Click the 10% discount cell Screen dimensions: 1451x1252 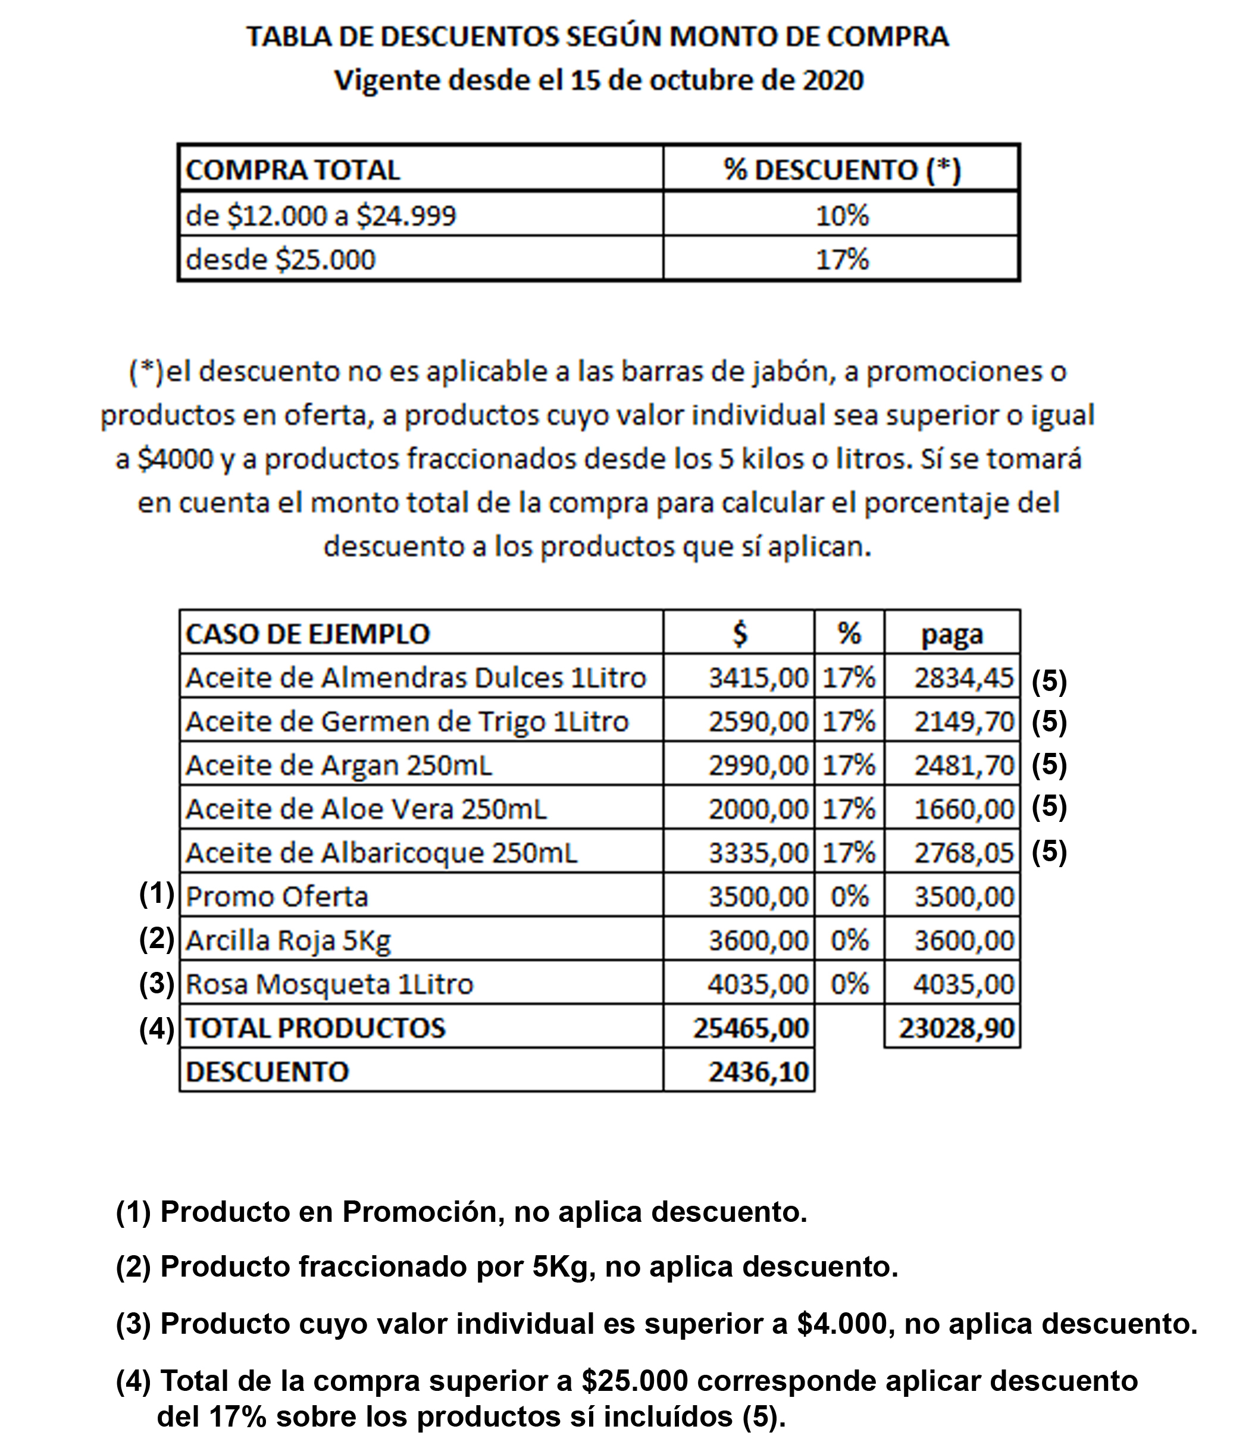tap(841, 215)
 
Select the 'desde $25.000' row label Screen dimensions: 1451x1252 tap(281, 259)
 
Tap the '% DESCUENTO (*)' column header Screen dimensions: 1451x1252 tap(841, 170)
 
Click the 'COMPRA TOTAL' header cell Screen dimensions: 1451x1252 tap(293, 170)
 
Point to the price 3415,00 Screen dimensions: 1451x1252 tap(758, 677)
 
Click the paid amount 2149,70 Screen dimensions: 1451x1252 tap(963, 721)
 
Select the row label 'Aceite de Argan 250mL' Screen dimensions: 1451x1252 tap(339, 765)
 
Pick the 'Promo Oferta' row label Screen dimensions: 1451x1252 tap(277, 896)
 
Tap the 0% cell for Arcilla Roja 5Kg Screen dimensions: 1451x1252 tap(849, 940)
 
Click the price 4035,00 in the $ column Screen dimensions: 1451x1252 tap(758, 984)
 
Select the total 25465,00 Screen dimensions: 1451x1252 tap(750, 1027)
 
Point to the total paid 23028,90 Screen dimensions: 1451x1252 tap(956, 1027)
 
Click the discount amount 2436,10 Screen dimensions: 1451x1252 tap(758, 1071)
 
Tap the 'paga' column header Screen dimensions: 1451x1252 tap(951, 634)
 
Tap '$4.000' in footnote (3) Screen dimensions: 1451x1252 tap(843, 1324)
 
